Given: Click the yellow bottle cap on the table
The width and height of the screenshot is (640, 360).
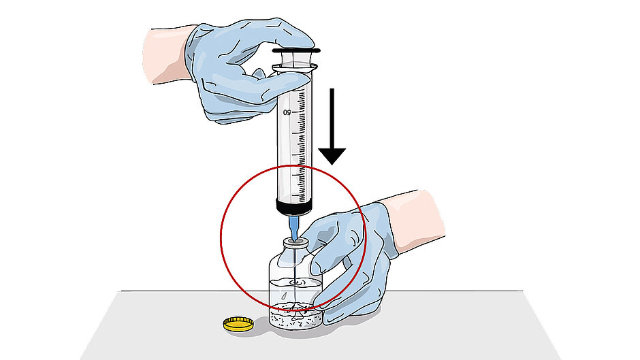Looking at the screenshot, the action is pyautogui.click(x=238, y=324).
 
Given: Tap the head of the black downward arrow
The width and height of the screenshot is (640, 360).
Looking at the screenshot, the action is pyautogui.click(x=332, y=156).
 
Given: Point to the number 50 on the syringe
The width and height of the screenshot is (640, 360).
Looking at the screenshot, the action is pyautogui.click(x=287, y=112).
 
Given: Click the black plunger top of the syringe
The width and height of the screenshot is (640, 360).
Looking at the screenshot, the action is pyautogui.click(x=296, y=51).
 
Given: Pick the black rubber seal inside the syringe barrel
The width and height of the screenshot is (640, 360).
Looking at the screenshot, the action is pyautogui.click(x=294, y=208).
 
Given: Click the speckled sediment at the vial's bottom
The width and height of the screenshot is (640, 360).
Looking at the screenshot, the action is pyautogui.click(x=295, y=316).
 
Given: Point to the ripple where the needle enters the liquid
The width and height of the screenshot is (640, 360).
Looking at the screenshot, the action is pyautogui.click(x=295, y=282).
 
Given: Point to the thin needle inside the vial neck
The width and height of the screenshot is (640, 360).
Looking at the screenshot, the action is pyautogui.click(x=294, y=261).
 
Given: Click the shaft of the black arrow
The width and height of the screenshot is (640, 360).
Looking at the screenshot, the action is pyautogui.click(x=332, y=118).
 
